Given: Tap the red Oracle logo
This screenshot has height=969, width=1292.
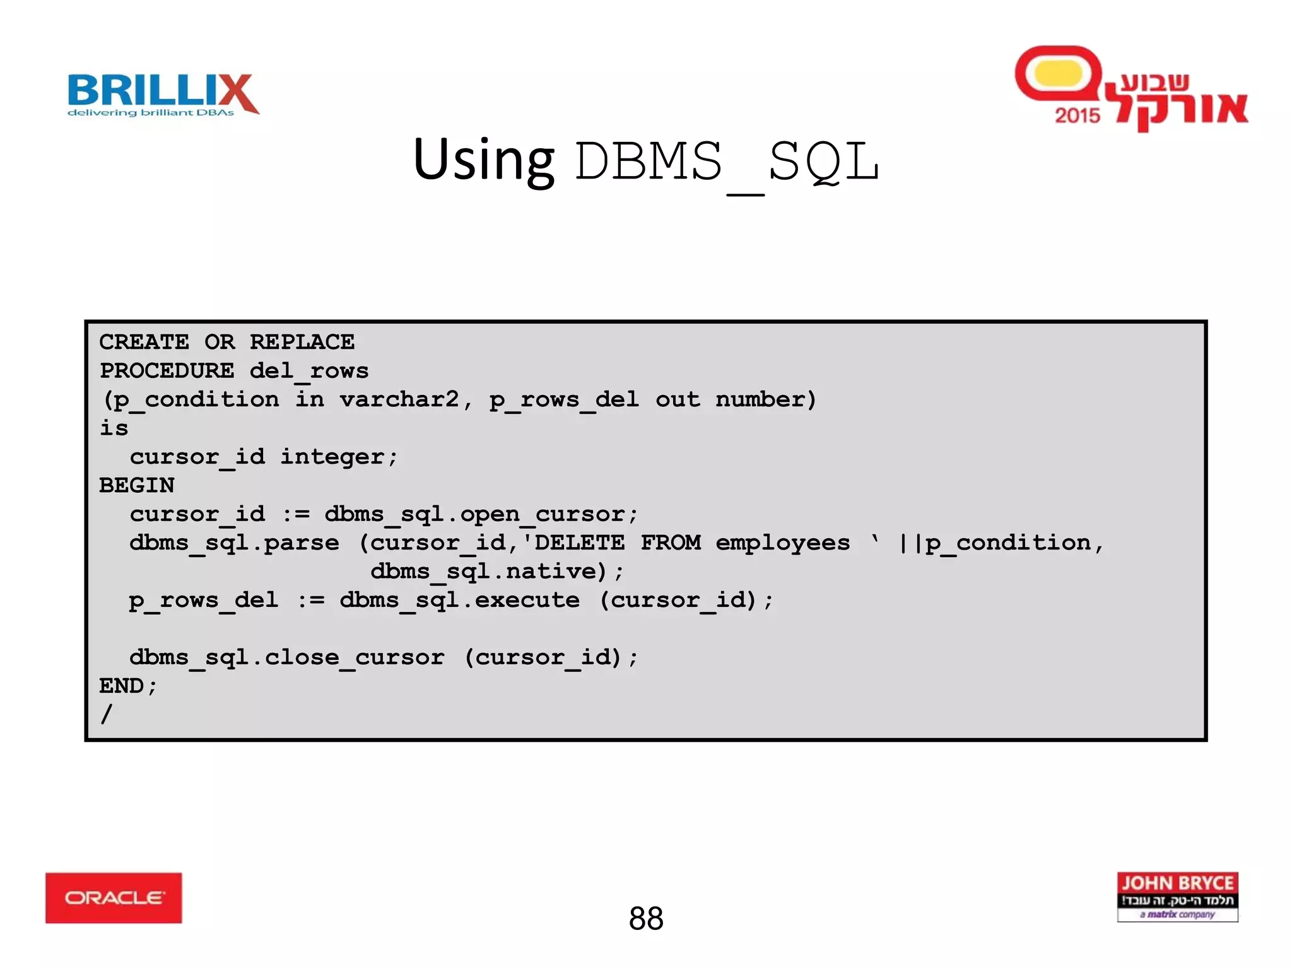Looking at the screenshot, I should pos(114,898).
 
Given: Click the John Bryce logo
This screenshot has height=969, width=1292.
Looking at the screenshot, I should pos(1177,896).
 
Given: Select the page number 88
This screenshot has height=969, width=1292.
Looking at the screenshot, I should pos(646,919).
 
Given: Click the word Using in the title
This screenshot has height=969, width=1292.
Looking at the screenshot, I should pos(483,160).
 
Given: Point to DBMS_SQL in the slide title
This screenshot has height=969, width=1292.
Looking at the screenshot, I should pos(727,163).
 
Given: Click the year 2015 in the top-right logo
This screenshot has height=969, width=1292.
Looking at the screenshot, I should pos(1078,115).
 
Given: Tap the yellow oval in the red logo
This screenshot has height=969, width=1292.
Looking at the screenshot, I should pos(1059,74).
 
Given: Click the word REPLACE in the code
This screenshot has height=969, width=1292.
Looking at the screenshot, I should pos(302,342).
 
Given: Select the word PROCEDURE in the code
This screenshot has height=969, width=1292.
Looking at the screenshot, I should pos(167,370).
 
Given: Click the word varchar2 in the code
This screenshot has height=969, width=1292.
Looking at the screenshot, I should pos(399,399).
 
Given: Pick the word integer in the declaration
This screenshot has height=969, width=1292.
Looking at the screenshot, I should pos(332,457).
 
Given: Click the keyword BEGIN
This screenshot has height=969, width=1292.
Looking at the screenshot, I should pos(137,485).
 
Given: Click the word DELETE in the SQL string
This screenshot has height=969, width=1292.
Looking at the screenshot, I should pos(579,543).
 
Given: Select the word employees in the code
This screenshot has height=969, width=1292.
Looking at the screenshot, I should pos(782,543).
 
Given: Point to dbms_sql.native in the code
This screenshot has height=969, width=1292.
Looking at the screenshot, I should pos(483,572).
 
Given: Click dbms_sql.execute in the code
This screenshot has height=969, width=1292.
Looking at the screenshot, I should pos(459,600).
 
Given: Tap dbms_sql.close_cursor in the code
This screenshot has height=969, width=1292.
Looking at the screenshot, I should pos(286,657).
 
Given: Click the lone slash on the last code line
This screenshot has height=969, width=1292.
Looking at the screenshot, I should pos(107,714).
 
